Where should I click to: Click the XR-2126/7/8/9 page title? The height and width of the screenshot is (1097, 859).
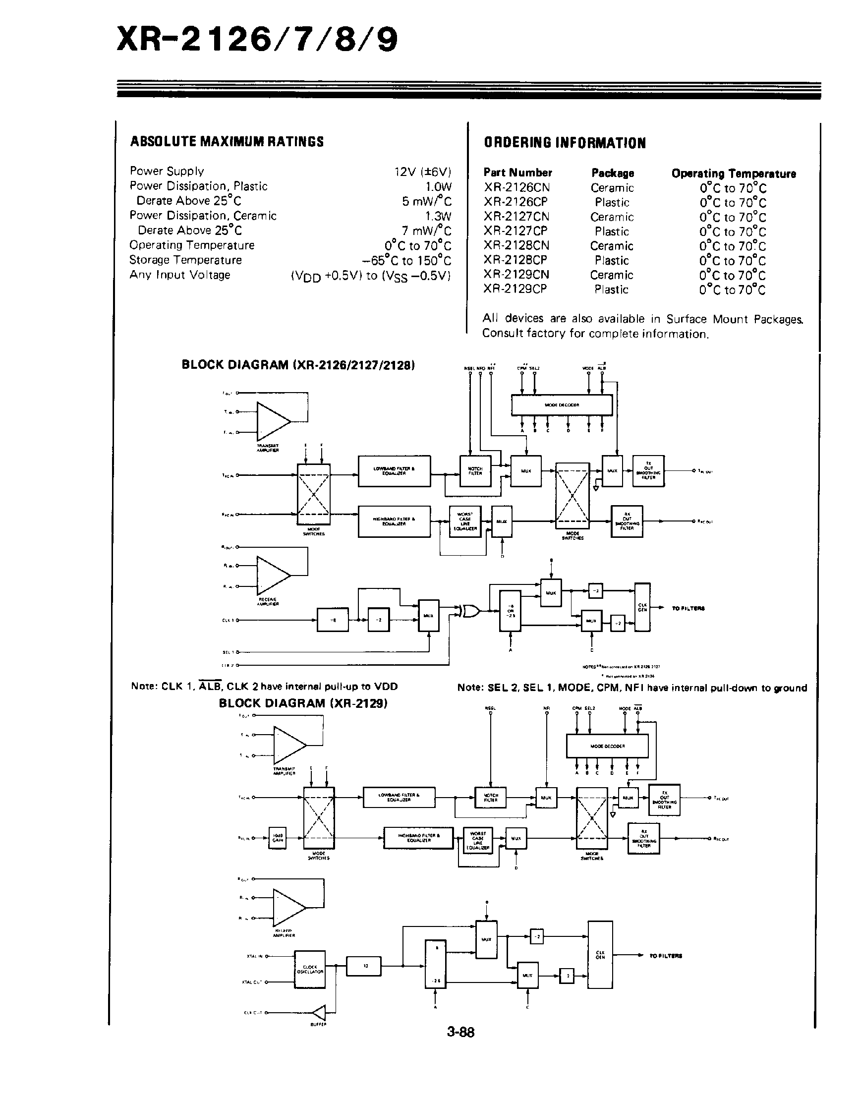pyautogui.click(x=257, y=40)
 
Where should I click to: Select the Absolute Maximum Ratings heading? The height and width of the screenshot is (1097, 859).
pyautogui.click(x=227, y=142)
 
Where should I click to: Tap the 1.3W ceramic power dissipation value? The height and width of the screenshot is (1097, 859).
pyautogui.click(x=438, y=216)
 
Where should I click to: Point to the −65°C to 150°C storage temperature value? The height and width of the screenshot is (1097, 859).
pyautogui.click(x=406, y=261)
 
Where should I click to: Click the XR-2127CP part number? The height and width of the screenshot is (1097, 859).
pyautogui.click(x=515, y=231)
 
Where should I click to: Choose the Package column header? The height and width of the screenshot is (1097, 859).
pyautogui.click(x=613, y=173)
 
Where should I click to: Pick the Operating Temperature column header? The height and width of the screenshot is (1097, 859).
pyautogui.click(x=733, y=173)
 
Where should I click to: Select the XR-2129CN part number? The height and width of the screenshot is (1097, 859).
pyautogui.click(x=516, y=275)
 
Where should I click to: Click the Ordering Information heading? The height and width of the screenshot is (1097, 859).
pyautogui.click(x=564, y=143)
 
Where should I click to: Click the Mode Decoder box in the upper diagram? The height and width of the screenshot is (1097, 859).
pyautogui.click(x=561, y=405)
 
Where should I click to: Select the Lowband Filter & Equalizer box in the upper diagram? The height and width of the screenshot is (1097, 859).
pyautogui.click(x=394, y=471)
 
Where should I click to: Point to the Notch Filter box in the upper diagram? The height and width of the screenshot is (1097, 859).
pyautogui.click(x=475, y=471)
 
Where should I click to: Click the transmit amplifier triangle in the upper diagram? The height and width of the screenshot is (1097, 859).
pyautogui.click(x=272, y=420)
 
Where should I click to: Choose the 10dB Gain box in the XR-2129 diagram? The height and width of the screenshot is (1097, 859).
pyautogui.click(x=277, y=838)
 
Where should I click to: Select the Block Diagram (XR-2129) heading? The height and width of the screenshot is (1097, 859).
pyautogui.click(x=303, y=703)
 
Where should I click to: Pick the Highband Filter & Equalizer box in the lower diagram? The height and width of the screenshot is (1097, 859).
pyautogui.click(x=418, y=838)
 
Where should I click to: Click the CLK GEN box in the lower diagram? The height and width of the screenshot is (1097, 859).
pyautogui.click(x=600, y=955)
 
